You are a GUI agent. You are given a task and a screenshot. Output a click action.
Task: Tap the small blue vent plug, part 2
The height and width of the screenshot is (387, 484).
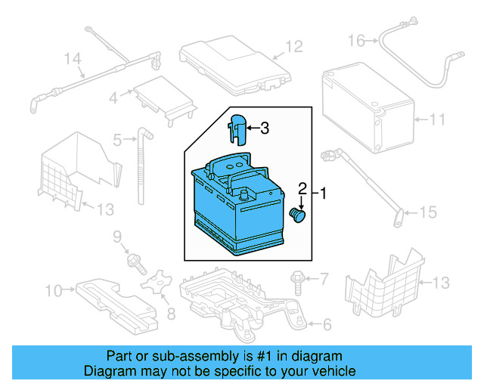pyautogui.click(x=299, y=216)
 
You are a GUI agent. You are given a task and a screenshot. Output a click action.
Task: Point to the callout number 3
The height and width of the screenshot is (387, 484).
pyautogui.click(x=264, y=128)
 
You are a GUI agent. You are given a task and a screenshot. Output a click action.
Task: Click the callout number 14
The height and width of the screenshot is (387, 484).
pyautogui.click(x=72, y=58)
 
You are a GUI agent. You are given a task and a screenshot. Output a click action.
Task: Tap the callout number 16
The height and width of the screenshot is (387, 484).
pyautogui.click(x=356, y=39)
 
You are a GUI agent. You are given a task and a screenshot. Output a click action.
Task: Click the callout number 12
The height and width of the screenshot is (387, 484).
pyautogui.click(x=293, y=48)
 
